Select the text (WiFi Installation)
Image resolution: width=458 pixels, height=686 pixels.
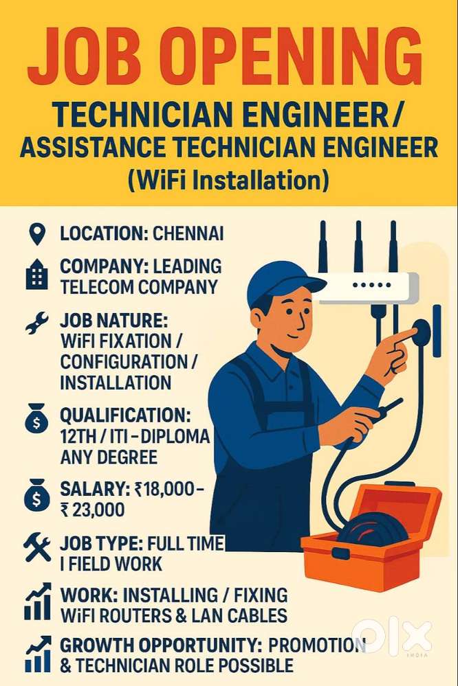click(229, 181)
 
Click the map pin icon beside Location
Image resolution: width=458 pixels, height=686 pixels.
click(36, 235)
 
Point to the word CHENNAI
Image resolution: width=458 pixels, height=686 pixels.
click(188, 233)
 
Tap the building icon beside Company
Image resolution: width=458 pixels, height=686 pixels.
click(36, 276)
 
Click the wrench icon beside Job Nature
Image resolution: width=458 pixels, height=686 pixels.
click(36, 323)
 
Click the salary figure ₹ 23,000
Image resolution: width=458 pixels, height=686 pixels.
click(92, 509)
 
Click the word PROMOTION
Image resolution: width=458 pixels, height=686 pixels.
click(316, 645)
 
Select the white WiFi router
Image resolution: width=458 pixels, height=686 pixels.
click(368, 286)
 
